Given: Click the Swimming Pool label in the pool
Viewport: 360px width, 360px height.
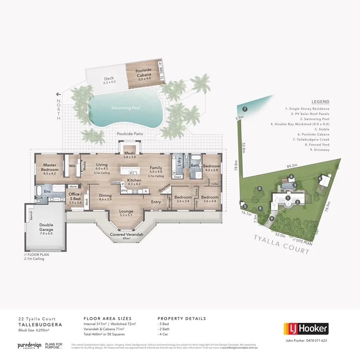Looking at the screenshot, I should coord(125,108).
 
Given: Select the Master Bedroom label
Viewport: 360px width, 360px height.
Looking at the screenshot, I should coord(50,167).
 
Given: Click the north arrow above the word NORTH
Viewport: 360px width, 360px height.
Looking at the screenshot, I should coord(58,94).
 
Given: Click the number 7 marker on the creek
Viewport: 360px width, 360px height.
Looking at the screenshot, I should coord(245,109).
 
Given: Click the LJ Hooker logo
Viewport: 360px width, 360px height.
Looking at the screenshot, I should coord(306,329).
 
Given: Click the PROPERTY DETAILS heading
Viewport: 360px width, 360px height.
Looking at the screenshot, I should coord(182,319).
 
